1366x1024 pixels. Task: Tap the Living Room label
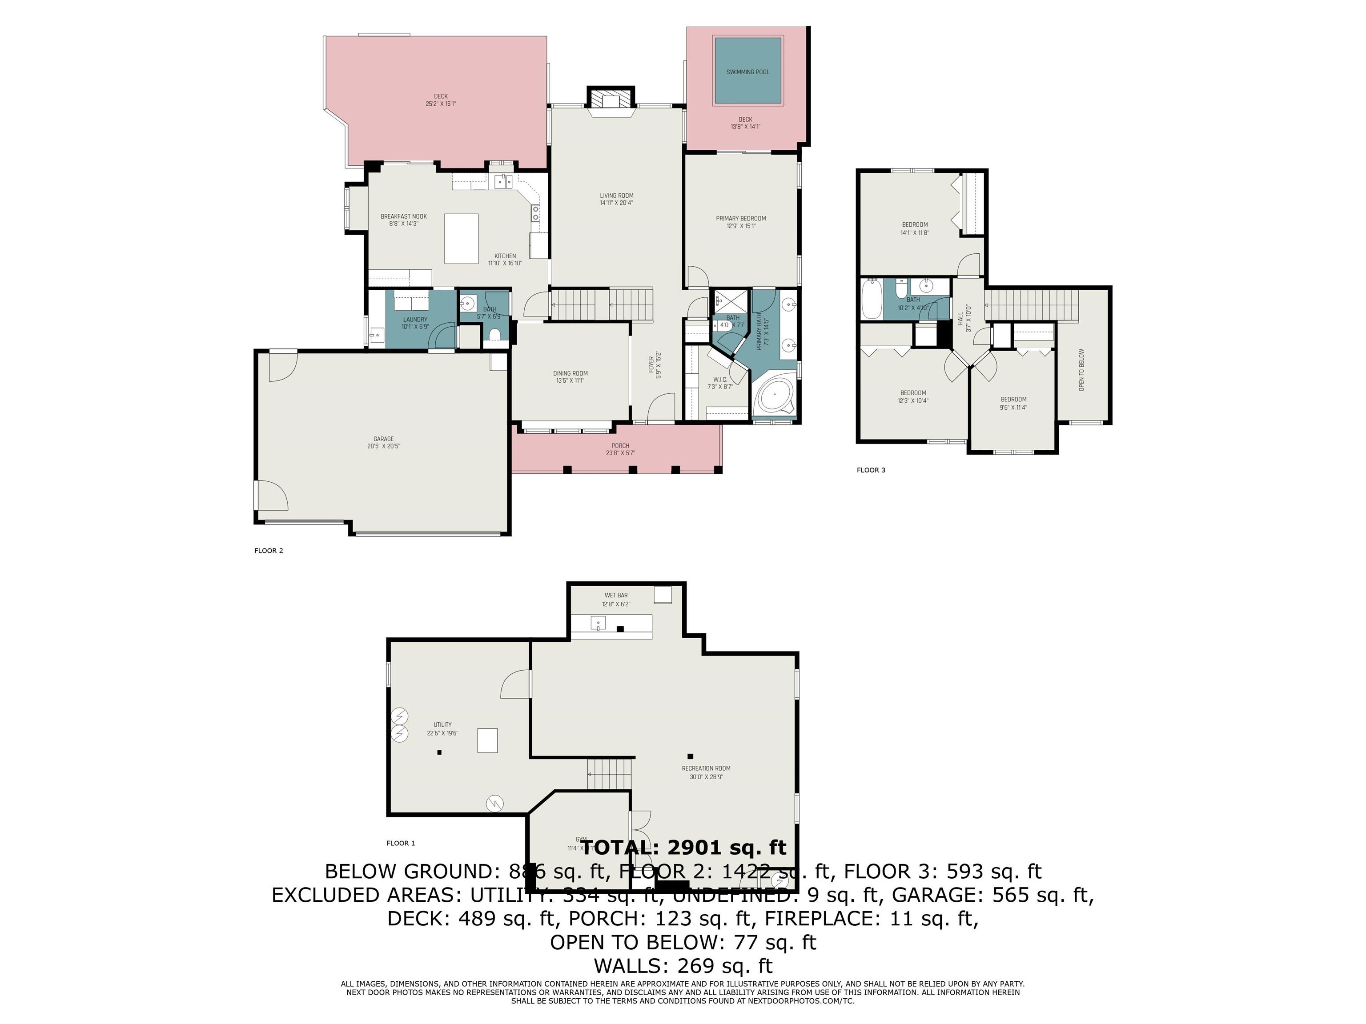pos(616,199)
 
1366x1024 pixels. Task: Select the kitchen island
pos(461,238)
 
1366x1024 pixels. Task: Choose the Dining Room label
pos(570,376)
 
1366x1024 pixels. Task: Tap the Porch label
pos(620,449)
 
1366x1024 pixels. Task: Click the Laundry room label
pos(415,323)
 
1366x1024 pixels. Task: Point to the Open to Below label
pos(1081,370)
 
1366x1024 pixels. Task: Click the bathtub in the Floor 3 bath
pos(872,300)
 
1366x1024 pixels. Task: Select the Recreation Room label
pos(706,772)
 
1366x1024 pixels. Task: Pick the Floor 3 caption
pos(871,470)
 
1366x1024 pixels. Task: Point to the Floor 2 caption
pos(269,551)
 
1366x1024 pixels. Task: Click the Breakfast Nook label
pos(403,220)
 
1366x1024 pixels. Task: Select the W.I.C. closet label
pos(719,383)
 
